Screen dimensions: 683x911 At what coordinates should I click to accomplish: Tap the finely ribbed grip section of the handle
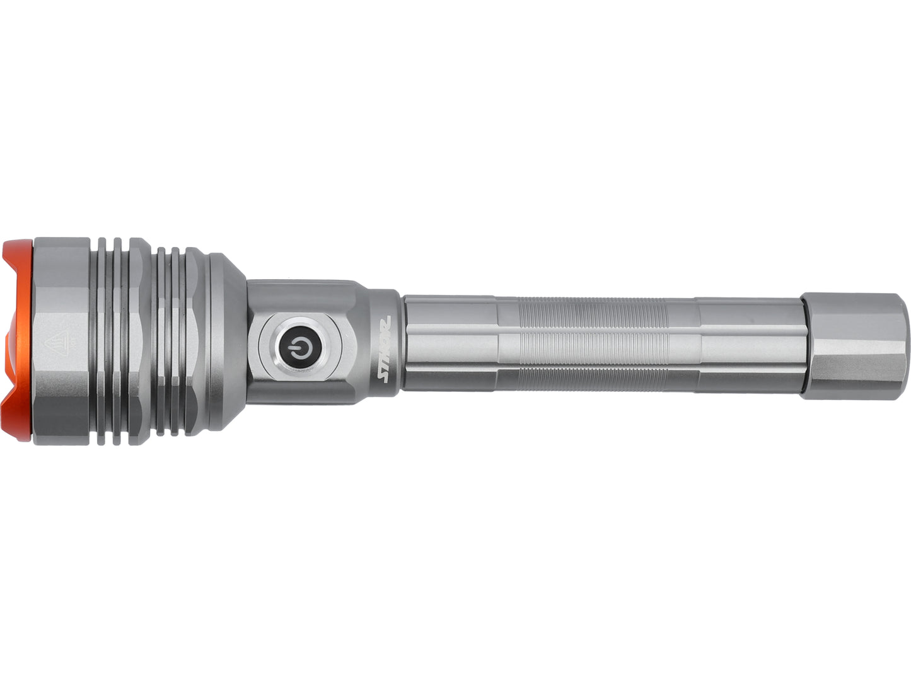pyautogui.click(x=593, y=343)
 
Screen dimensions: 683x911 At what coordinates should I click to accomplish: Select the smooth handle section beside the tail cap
pyautogui.click(x=750, y=343)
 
